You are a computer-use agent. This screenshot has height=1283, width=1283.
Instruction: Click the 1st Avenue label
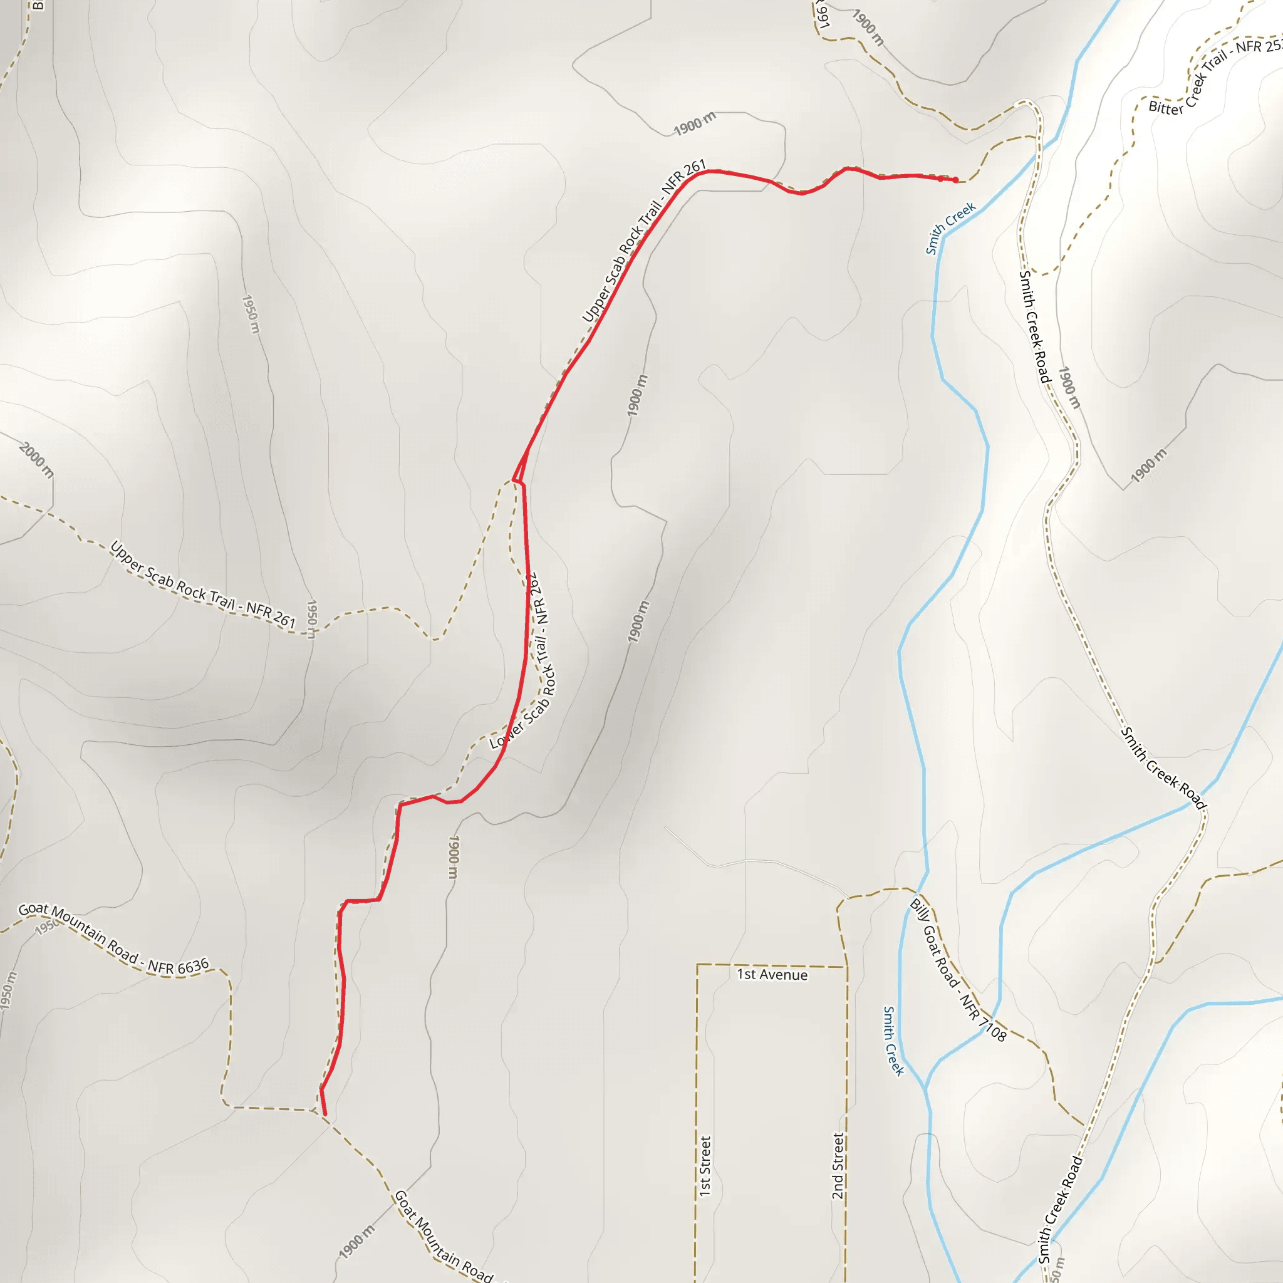772,975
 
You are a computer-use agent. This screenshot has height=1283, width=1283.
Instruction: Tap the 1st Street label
705,1166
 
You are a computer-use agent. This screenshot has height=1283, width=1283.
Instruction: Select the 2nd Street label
838,1166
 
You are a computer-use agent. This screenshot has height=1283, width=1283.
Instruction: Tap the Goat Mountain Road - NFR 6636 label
113,939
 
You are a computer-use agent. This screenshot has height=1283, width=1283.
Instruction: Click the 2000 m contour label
36,460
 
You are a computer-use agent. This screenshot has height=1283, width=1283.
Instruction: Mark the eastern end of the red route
955,180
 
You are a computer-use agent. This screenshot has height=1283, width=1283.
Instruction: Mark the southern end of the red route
325,1114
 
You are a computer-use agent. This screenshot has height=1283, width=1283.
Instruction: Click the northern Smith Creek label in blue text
950,228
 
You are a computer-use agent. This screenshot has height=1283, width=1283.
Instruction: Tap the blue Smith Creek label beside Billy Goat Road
893,1041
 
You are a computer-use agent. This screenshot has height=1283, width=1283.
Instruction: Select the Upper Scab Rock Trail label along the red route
643,242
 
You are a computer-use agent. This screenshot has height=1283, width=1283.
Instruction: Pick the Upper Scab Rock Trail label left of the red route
202,584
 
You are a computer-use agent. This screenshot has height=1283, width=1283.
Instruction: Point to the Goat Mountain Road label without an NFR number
443,1237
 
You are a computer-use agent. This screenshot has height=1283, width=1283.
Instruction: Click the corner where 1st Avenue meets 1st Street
697,965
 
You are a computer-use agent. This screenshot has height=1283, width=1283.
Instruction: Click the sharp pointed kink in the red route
514,479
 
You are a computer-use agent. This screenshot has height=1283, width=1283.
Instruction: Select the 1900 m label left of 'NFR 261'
695,123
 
